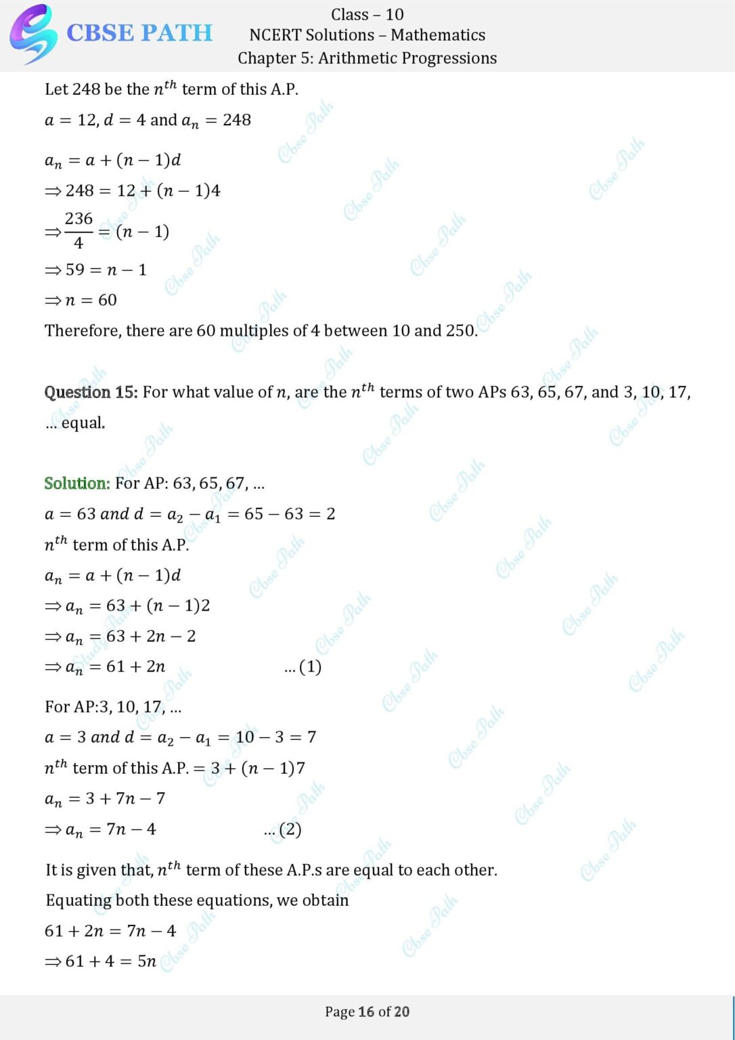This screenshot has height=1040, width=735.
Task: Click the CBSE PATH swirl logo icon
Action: (32, 33)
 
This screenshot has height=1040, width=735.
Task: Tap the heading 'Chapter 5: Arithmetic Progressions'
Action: (367, 58)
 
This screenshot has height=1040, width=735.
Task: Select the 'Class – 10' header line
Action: (367, 14)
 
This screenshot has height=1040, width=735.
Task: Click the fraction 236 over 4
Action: (79, 230)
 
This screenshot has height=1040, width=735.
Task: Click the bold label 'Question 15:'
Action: (91, 392)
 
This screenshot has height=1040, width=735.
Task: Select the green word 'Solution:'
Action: (77, 483)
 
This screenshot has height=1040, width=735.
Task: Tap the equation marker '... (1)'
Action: (303, 667)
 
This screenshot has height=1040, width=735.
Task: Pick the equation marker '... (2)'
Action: (282, 829)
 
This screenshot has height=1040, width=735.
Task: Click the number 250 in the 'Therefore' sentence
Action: (460, 330)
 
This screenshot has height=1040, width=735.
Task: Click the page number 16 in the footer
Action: (366, 1012)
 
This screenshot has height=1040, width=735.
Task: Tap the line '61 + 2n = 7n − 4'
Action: (110, 931)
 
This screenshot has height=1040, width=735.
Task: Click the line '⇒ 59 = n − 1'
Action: (96, 269)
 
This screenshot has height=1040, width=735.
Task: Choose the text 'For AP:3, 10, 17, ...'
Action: (113, 707)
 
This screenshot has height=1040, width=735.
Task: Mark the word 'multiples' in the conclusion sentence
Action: (254, 330)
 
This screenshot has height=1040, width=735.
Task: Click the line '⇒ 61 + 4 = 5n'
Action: (101, 961)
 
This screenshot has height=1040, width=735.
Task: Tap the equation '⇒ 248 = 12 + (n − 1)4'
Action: (133, 191)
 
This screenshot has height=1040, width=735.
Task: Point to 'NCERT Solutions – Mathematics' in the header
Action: (367, 35)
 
